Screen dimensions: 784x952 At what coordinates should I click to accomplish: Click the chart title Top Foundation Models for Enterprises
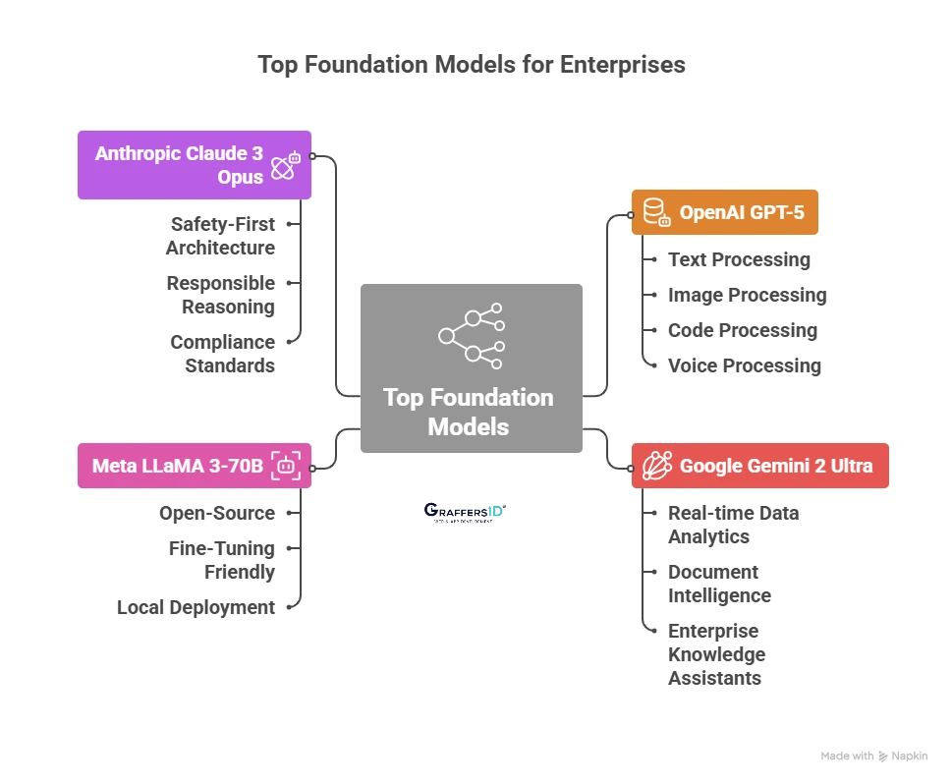click(x=471, y=65)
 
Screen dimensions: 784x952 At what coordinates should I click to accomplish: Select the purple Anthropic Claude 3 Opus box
click(x=194, y=165)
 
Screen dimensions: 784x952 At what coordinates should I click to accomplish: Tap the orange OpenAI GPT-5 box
click(x=724, y=212)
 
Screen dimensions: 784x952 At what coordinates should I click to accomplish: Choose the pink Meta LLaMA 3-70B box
click(x=194, y=466)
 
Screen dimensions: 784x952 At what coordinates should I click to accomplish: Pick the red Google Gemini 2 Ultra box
click(x=758, y=466)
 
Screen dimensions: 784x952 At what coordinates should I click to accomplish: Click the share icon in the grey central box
click(x=471, y=336)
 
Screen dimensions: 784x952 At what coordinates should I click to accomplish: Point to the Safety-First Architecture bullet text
click(x=220, y=236)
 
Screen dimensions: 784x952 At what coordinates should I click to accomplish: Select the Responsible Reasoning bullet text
click(x=220, y=295)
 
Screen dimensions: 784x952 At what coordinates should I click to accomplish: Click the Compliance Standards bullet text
click(x=222, y=354)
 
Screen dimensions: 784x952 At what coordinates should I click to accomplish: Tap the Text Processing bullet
click(x=739, y=259)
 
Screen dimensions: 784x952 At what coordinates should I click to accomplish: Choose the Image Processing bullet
click(x=747, y=295)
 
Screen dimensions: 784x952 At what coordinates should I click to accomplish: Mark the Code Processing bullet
click(x=742, y=330)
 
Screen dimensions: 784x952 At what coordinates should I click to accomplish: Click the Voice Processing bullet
click(x=744, y=365)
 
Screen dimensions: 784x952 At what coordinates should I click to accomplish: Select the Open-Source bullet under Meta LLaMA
click(x=217, y=513)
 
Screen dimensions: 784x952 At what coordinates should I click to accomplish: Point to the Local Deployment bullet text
click(x=196, y=607)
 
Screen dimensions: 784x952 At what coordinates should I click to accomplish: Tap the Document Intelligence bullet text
click(x=718, y=584)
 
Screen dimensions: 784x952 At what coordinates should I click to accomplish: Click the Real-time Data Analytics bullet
click(x=733, y=525)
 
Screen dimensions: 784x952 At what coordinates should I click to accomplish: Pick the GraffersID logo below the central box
click(x=465, y=512)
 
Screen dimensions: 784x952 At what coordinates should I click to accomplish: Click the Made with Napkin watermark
click(x=872, y=756)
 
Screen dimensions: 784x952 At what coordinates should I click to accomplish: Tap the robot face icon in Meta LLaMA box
click(x=286, y=466)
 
